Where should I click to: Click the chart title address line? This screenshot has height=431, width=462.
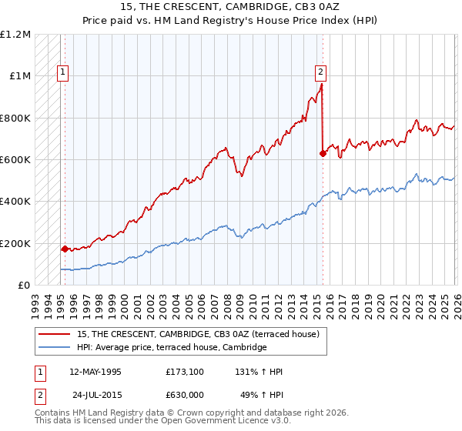point(230,6)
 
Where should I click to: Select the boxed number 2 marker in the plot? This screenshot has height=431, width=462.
point(320,73)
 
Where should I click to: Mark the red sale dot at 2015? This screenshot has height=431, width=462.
point(323,154)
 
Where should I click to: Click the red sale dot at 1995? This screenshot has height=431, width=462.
point(65,249)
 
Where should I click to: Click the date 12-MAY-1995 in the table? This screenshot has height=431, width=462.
point(95,372)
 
